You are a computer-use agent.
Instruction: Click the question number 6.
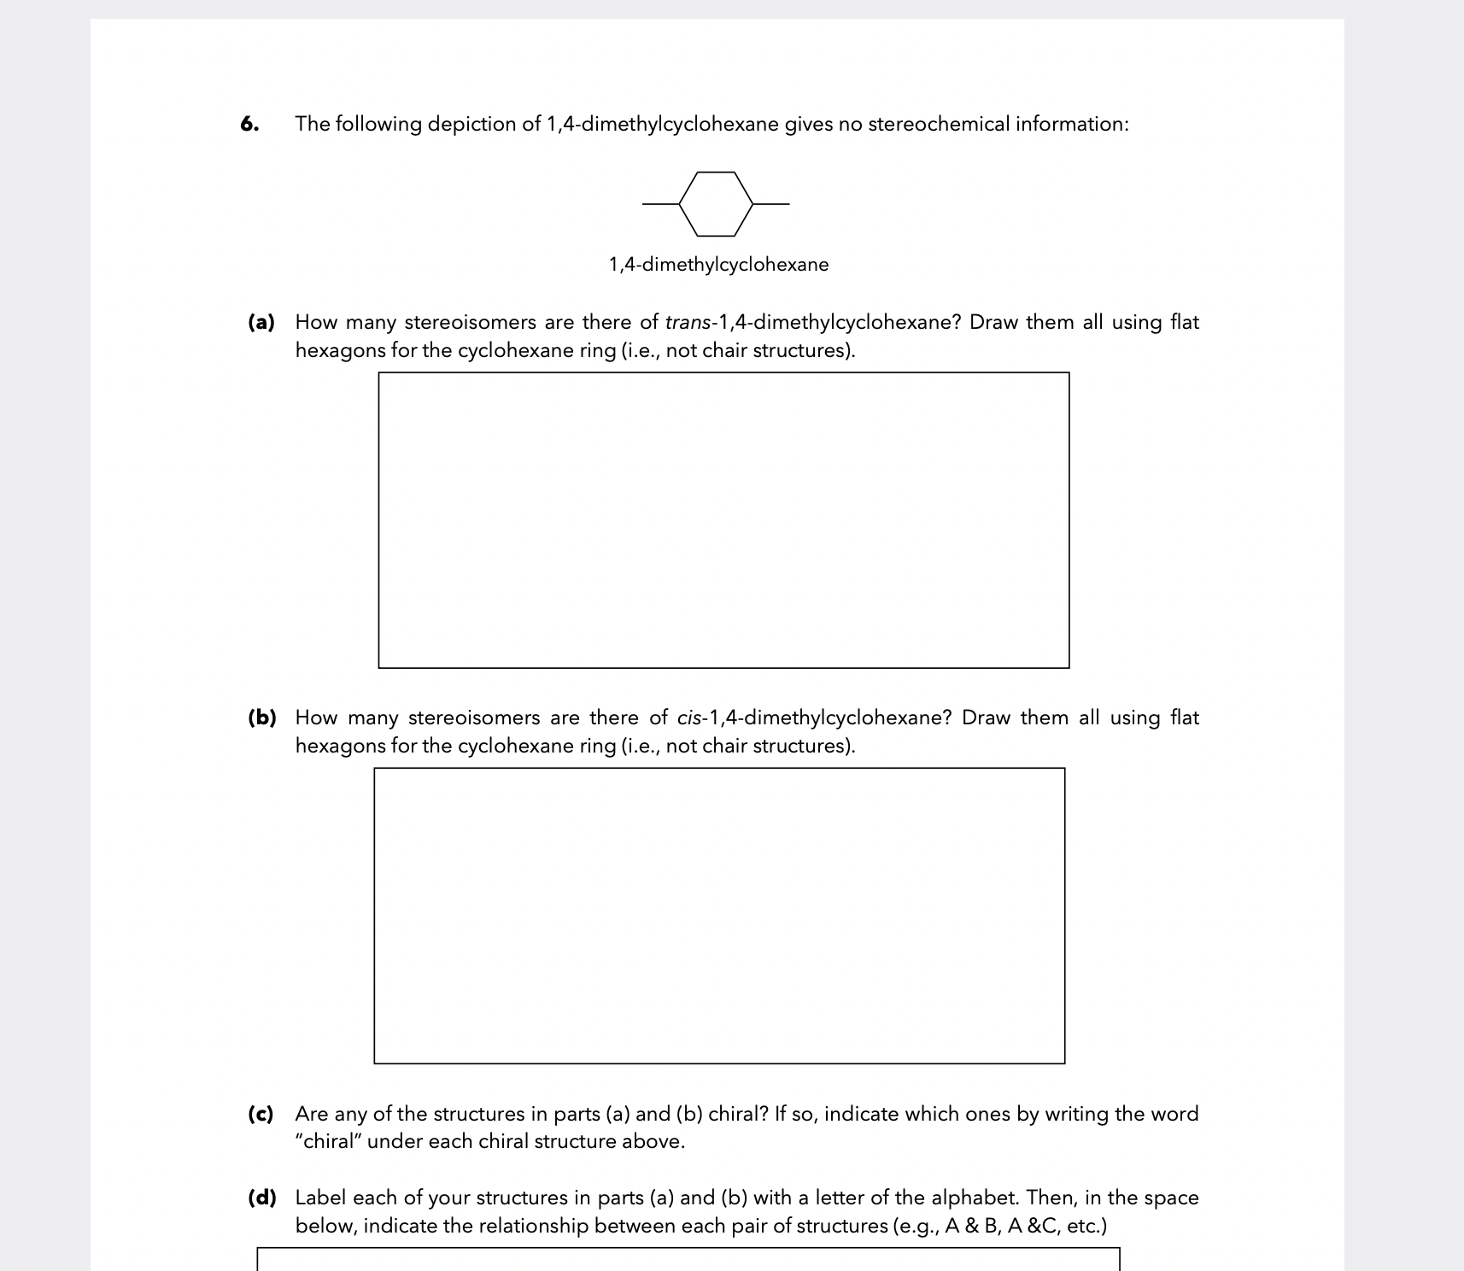click(249, 125)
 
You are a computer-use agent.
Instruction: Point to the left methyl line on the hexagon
click(660, 204)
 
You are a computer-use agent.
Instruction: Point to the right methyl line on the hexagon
click(771, 204)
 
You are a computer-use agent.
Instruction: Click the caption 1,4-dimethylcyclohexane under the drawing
click(718, 265)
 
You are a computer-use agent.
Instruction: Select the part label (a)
click(261, 323)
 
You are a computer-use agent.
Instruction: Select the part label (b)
click(261, 718)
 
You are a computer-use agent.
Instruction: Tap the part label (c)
click(261, 1115)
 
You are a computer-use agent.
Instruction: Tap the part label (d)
click(261, 1198)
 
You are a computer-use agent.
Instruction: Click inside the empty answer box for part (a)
click(723, 520)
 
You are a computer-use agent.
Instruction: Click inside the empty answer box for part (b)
click(719, 916)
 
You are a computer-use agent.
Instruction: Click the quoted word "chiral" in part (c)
click(328, 1142)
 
